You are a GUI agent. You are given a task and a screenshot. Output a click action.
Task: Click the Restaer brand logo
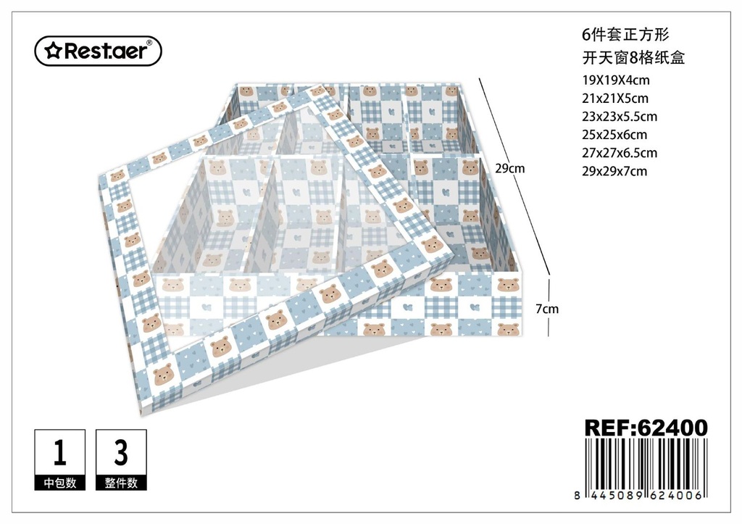point(99,51)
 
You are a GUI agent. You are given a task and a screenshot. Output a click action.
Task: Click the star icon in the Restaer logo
point(53,51)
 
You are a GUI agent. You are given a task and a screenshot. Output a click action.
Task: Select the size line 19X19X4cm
point(616,80)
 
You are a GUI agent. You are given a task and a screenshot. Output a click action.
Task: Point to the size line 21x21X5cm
point(615,99)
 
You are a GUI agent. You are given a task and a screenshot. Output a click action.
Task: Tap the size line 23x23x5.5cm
point(620,117)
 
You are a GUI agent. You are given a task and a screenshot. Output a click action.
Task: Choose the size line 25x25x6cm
point(614,135)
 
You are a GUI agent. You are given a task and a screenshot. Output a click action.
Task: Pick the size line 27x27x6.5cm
point(620,153)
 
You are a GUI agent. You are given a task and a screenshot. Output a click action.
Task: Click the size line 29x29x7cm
point(614,171)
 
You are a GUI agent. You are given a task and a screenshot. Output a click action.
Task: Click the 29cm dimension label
point(509,169)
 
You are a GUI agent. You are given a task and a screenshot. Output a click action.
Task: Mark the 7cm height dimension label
point(547,309)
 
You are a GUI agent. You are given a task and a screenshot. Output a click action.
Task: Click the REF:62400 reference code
point(646,428)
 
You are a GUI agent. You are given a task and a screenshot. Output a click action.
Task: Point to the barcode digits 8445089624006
point(640,495)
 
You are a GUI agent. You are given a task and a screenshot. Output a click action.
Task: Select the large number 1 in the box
point(59,452)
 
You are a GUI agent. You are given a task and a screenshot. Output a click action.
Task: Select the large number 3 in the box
point(121,452)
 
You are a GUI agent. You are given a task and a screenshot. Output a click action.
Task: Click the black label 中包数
point(60,483)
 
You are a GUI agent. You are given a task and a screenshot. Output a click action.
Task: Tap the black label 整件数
point(121,483)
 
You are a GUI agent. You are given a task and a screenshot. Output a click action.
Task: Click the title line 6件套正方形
point(625,35)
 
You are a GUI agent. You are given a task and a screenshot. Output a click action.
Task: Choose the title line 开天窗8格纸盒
point(633,58)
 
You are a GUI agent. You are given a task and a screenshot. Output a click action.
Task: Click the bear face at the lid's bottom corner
point(163,375)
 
